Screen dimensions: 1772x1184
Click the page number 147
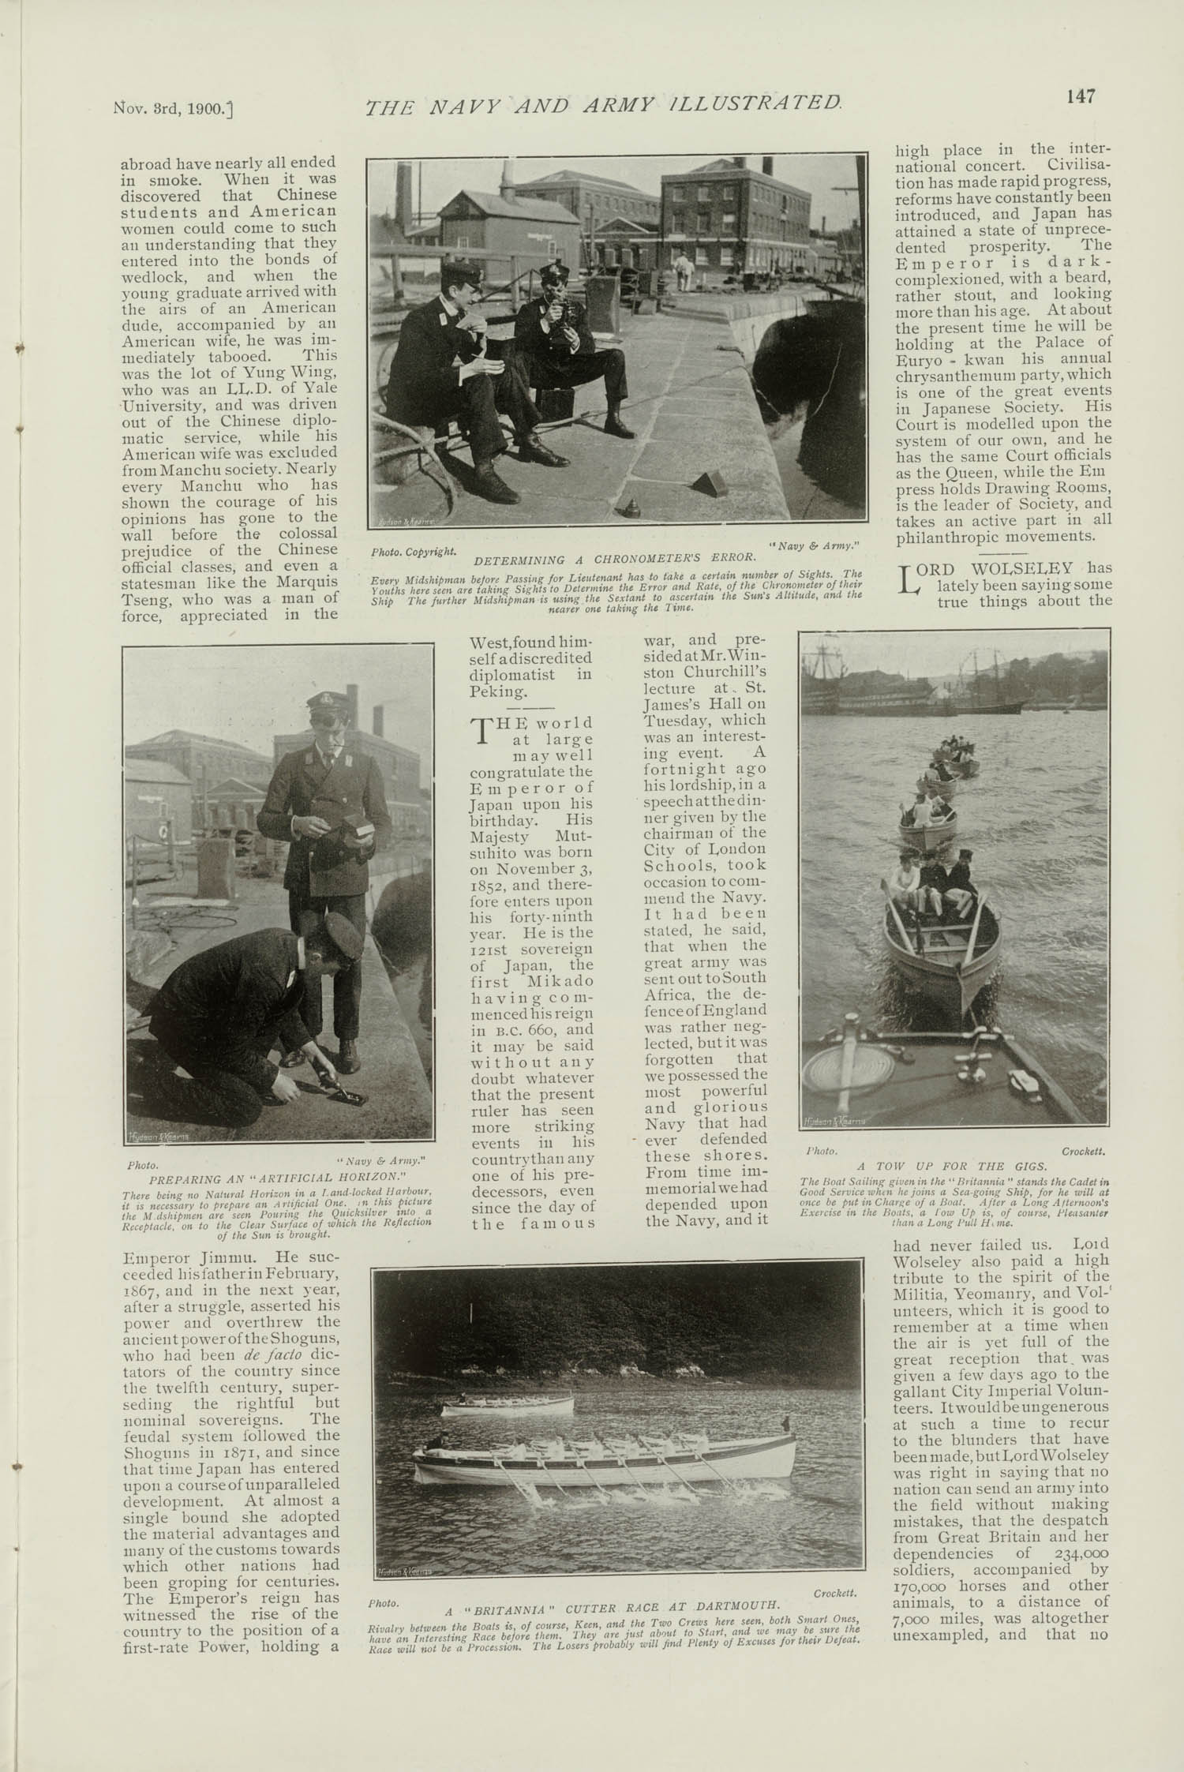click(1079, 96)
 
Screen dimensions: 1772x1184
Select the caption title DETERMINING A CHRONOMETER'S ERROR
click(615, 560)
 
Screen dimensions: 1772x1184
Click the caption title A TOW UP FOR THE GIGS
click(952, 1166)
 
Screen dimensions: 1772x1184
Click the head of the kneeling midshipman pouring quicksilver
click(325, 946)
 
